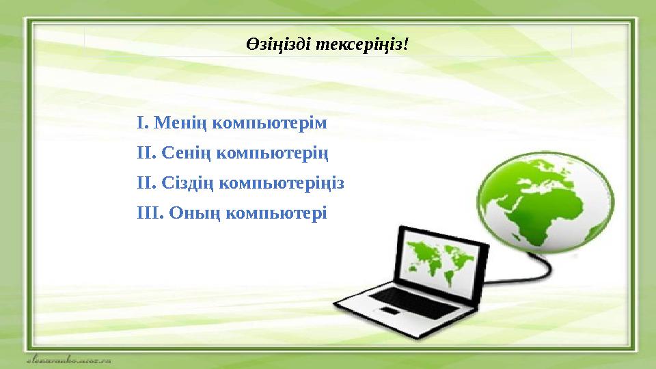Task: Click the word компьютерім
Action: [x=270, y=124]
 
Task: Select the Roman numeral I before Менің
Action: [x=140, y=124]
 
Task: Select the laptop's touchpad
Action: [x=389, y=312]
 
